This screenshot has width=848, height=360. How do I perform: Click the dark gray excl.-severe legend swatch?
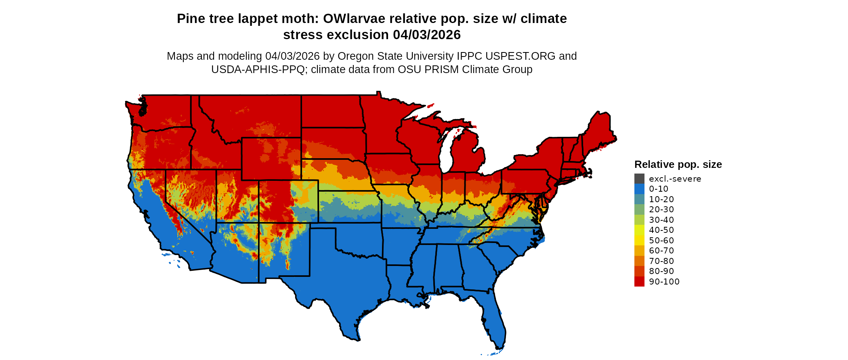click(x=639, y=178)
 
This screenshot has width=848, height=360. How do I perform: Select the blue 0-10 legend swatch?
click(x=639, y=189)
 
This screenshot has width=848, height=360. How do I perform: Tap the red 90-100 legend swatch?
click(x=639, y=282)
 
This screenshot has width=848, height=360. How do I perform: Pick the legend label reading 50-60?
click(x=661, y=241)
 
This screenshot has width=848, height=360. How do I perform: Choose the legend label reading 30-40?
click(x=661, y=220)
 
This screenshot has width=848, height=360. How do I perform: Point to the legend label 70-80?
click(x=661, y=261)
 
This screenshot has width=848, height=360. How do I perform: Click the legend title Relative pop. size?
click(x=678, y=164)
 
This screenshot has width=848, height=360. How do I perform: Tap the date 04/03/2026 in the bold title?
click(x=427, y=35)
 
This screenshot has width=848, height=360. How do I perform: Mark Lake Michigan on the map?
click(x=446, y=153)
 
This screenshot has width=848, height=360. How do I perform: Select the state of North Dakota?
click(x=331, y=111)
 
